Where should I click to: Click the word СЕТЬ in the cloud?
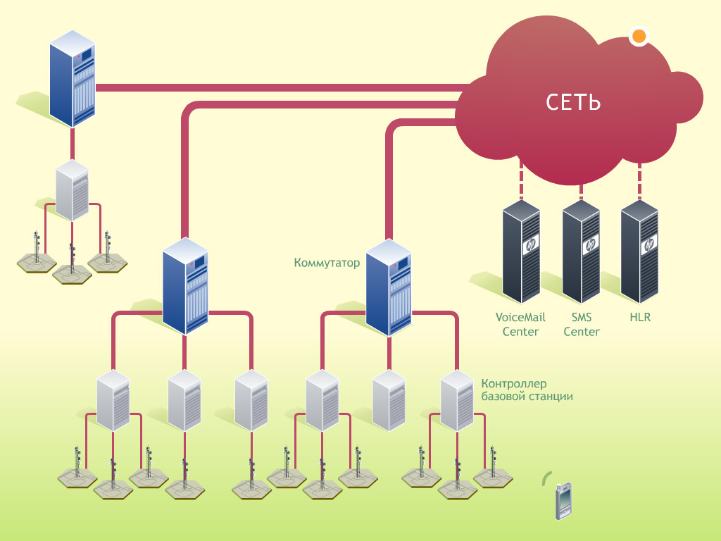coord(573,102)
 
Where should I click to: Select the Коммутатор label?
coord(327,263)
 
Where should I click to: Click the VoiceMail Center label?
coord(520,324)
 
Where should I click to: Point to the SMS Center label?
coord(581,324)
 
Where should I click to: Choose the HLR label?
coord(640,317)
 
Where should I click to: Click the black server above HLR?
coord(639,250)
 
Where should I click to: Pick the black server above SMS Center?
coord(581,250)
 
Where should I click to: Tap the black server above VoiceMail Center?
coord(521,250)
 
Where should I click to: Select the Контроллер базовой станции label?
coord(527,390)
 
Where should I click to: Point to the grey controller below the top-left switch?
coord(72,190)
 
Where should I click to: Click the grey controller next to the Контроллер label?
coord(457,401)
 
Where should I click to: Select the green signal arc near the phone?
coord(545,478)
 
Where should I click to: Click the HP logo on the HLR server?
coord(648,244)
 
